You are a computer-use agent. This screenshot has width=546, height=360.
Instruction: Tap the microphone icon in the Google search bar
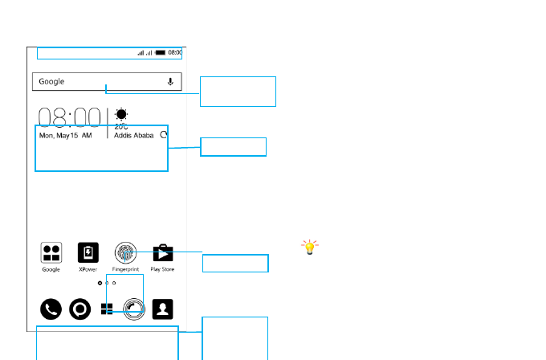[170, 81]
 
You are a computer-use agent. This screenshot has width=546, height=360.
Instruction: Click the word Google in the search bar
[51, 82]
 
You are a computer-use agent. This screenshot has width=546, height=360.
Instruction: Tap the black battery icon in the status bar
[160, 52]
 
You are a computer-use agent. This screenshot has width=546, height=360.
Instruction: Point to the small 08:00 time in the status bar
[175, 52]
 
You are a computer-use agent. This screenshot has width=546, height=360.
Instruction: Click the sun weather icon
[121, 114]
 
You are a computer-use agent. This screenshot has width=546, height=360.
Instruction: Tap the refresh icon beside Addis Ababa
[164, 136]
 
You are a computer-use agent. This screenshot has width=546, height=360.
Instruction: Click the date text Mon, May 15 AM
[66, 136]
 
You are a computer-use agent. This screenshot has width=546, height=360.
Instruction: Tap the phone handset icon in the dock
[51, 309]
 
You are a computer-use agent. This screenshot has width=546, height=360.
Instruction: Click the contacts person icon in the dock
[163, 309]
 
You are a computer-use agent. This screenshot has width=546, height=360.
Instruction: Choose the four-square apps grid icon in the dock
[107, 309]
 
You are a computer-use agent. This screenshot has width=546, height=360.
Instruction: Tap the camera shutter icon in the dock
[134, 309]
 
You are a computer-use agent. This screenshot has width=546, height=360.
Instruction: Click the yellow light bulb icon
[309, 247]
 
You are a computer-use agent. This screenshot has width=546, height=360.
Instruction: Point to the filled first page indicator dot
[100, 284]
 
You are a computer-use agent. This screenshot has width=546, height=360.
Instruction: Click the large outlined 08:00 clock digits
[71, 118]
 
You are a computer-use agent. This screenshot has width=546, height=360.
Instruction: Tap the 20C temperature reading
[121, 126]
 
